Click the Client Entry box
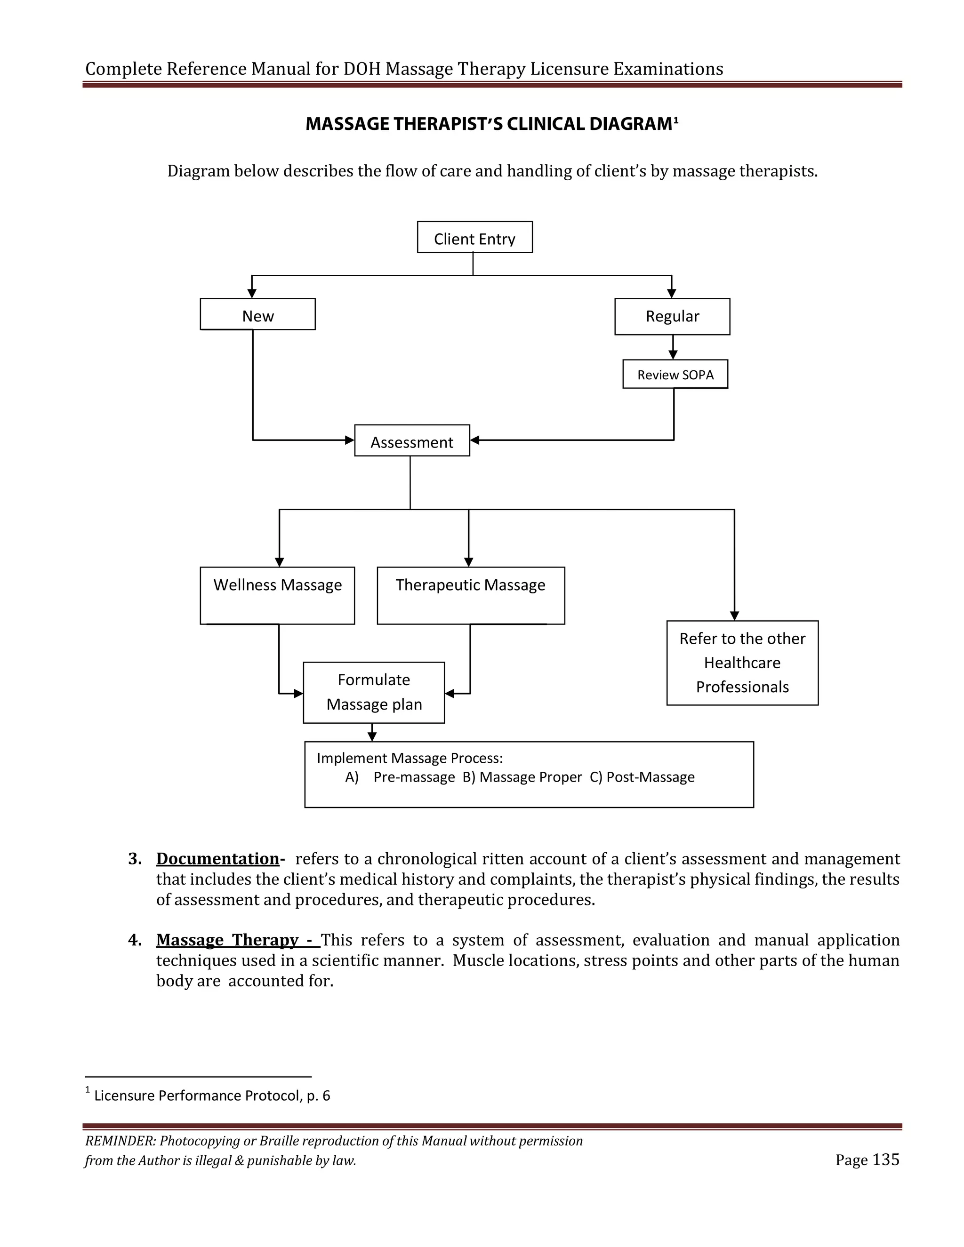pos(474,237)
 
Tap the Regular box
pos(672,316)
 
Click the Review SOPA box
pos(675,375)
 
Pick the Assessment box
pos(412,441)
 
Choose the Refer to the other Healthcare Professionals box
pos(742,663)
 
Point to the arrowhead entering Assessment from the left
pos(350,440)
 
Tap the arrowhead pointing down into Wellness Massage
pos(279,562)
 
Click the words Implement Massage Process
pos(410,758)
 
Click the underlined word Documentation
pos(217,859)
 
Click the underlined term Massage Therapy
pos(227,940)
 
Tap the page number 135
pos(886,1159)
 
